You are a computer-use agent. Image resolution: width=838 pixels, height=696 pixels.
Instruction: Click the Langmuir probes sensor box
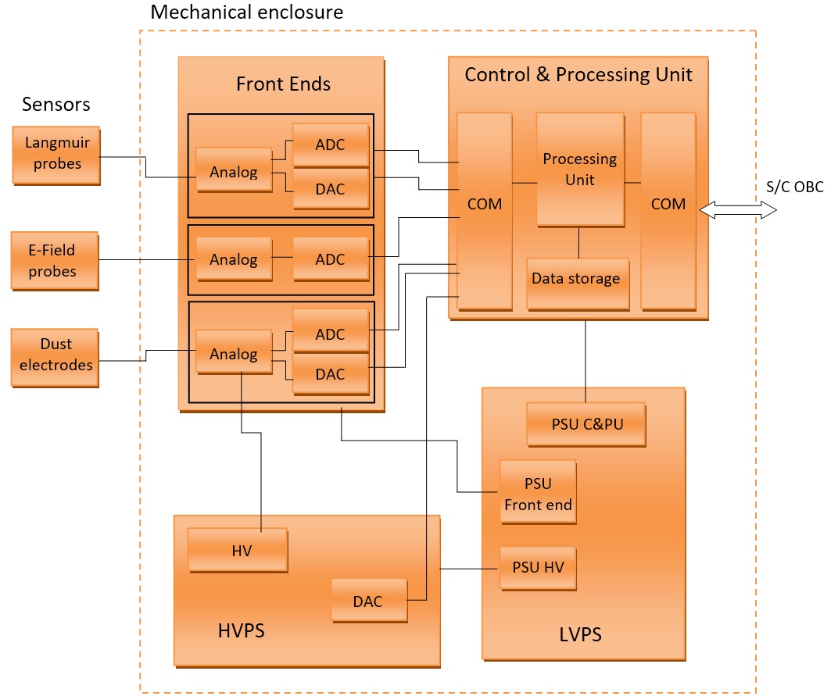coord(56,155)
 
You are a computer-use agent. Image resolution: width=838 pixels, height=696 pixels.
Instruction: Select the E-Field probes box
coord(55,261)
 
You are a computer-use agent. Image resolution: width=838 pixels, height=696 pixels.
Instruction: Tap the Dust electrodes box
coord(56,356)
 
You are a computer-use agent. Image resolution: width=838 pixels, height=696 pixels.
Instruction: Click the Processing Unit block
coord(580,170)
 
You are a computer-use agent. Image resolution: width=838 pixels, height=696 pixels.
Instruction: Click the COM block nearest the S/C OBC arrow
coord(668,210)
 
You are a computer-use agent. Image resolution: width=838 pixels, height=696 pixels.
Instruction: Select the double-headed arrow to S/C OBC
coord(738,209)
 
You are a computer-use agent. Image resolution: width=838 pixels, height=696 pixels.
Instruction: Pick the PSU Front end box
coord(538,494)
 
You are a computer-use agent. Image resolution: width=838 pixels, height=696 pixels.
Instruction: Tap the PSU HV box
coord(538,568)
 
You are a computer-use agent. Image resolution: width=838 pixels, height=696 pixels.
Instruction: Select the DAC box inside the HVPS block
coord(369,601)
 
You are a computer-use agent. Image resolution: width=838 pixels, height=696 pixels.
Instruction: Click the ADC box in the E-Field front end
coord(331,259)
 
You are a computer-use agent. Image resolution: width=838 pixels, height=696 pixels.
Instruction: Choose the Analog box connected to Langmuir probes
coord(234,171)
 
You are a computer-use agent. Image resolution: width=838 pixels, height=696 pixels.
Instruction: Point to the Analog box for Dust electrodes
coord(234,354)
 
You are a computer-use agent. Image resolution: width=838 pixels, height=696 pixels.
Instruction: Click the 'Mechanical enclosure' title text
coord(246,12)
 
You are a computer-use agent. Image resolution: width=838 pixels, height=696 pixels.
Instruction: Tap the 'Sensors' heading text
coord(56,105)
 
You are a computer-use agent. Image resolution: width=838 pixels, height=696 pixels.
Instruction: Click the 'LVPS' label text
coord(581,634)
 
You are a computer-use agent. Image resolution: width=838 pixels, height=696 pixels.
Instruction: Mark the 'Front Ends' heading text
coord(283,84)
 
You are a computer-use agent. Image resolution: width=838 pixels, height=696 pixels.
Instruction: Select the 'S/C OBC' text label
coord(795,187)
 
